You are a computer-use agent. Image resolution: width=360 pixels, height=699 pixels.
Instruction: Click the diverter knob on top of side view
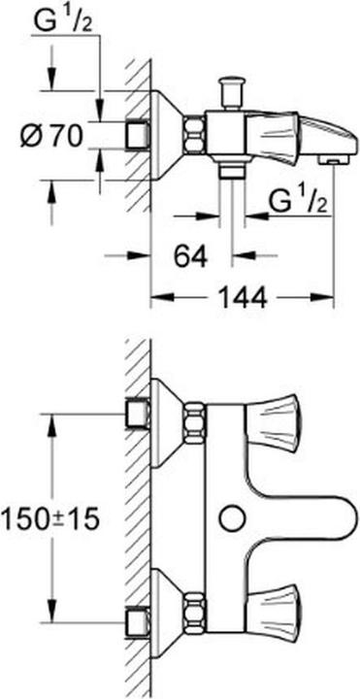(231, 91)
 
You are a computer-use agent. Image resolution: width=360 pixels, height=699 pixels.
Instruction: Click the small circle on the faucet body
(231, 517)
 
